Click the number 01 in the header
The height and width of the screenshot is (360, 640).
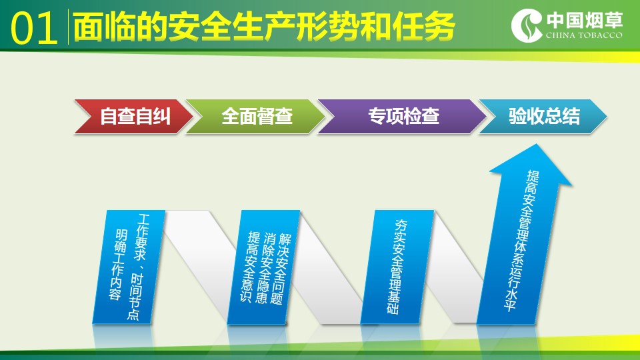coord(34,28)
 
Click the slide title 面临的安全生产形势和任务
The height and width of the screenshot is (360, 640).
coord(264,27)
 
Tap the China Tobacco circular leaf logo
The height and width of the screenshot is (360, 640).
coord(527,26)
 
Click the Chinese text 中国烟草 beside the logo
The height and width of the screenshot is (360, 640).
coord(585,20)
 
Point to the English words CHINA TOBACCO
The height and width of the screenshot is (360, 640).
coord(584,35)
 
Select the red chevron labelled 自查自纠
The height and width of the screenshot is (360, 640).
coord(133,116)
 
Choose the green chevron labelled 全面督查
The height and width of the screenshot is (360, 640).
coord(256,116)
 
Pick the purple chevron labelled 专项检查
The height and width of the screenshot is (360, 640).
coord(403,116)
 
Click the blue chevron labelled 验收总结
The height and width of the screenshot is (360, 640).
coord(543,116)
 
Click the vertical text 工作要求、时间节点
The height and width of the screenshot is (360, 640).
coord(139,267)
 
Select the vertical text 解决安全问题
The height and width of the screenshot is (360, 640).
coord(281,269)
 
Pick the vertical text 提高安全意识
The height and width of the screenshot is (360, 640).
coord(249,267)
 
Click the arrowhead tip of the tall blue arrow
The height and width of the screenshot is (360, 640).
coord(536,144)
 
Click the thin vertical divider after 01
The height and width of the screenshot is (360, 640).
coord(68,27)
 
